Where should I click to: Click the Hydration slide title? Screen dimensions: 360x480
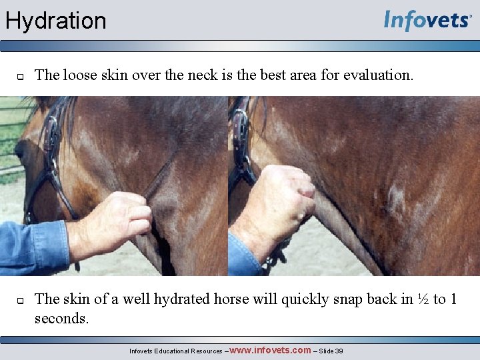tap(56, 21)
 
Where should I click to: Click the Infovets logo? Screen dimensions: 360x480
tap(427, 21)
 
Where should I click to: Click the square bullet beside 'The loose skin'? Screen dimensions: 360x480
tap(20, 76)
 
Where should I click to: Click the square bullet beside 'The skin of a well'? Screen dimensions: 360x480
tap(20, 300)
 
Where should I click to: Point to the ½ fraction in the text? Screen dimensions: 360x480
tap(423, 299)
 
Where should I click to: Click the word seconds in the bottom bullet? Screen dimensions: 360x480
tap(61, 318)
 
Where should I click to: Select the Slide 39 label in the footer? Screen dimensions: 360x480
tap(331, 351)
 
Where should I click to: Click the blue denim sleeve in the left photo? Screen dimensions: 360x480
tap(33, 247)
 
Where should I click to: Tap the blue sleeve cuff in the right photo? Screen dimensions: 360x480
tap(243, 257)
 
